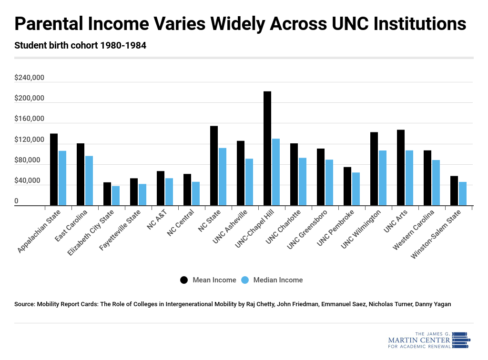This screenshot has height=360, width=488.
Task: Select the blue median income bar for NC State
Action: pos(222,177)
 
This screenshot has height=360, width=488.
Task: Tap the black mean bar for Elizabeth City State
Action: pos(107,194)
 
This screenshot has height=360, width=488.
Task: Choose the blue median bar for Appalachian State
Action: pos(62,178)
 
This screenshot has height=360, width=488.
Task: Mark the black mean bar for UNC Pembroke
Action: pos(347,186)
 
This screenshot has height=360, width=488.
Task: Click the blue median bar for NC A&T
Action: pos(169,192)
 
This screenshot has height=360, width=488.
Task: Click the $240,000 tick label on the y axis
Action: pos(30,78)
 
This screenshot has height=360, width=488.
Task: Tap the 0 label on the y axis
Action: pos(16,201)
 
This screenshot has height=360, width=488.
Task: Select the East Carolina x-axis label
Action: pos(71,226)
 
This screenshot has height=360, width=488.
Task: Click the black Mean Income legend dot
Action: pos(184,280)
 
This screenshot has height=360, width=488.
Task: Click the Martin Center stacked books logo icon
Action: pos(460,340)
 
